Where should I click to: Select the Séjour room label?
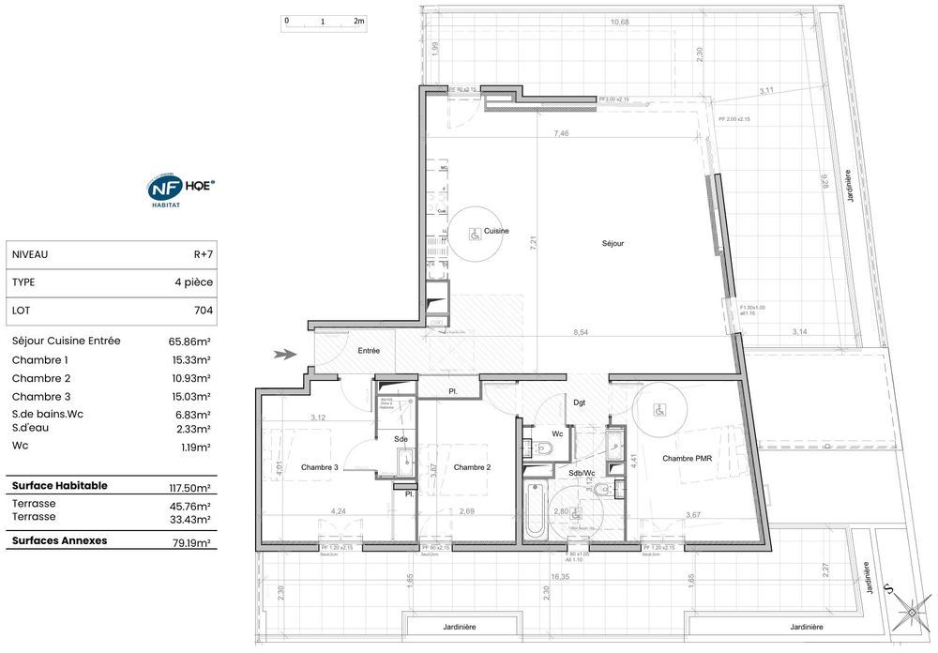(613, 243)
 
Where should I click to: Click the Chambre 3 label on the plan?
(319, 467)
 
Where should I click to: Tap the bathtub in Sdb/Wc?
(534, 512)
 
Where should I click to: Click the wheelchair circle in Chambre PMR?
(659, 410)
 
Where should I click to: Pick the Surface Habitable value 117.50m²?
(189, 487)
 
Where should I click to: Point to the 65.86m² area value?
(189, 342)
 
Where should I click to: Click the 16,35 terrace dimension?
(561, 578)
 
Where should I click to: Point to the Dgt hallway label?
(579, 402)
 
